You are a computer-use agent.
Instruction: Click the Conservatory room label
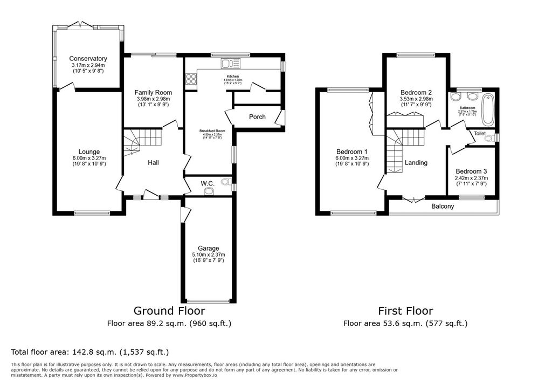[88, 59]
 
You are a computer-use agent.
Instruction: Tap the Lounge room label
[88, 151]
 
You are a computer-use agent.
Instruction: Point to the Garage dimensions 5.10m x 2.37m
[208, 255]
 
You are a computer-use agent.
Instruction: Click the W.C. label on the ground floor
[208, 184]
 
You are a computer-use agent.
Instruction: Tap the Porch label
[257, 117]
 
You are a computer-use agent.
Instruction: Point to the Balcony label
[443, 206]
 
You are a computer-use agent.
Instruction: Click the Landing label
[416, 163]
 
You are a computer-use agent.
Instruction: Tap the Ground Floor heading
[169, 311]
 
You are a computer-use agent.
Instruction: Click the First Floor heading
[405, 311]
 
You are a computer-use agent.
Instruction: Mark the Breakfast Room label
[212, 131]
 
